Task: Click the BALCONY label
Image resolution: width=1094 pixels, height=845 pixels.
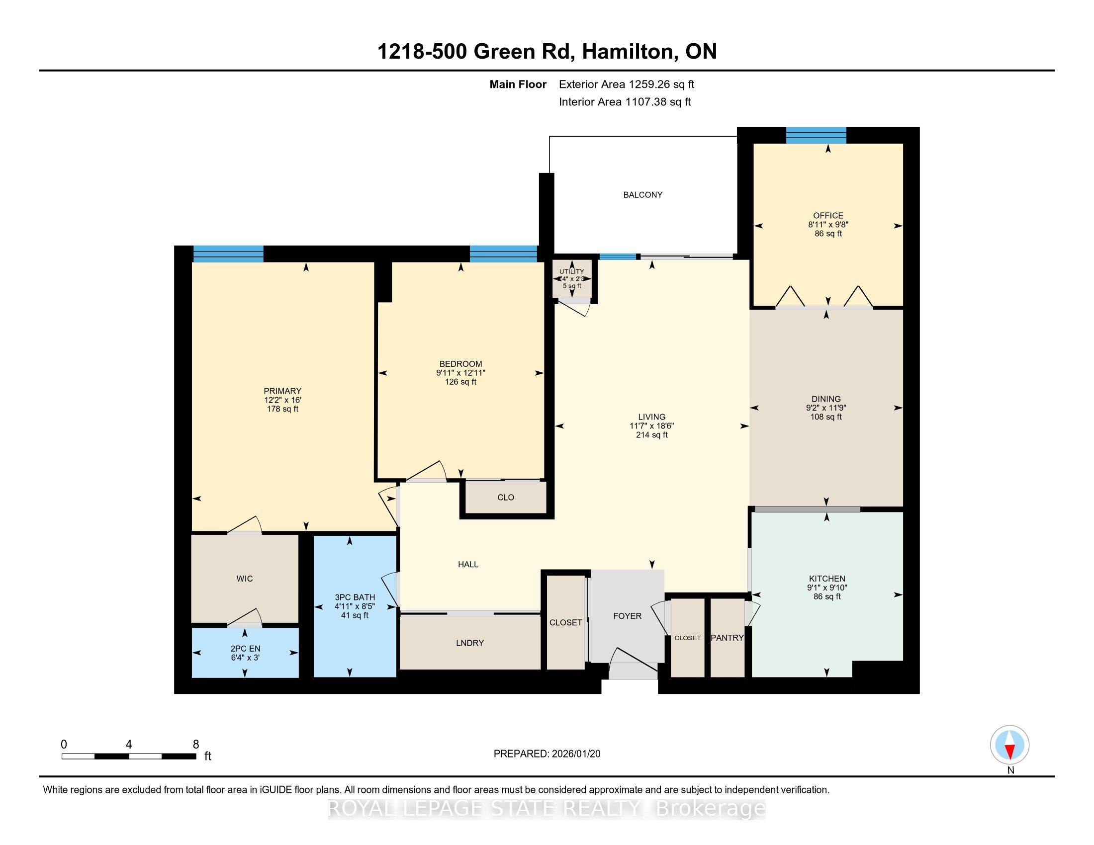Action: [x=642, y=195]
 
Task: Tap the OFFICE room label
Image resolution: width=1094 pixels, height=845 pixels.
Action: [x=828, y=216]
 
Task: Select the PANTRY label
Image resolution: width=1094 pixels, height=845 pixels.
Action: [x=728, y=638]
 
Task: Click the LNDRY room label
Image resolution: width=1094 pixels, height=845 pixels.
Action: [x=470, y=643]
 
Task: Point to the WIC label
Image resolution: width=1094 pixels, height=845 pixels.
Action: [x=245, y=579]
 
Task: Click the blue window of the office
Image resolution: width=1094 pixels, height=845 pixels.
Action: [x=816, y=135]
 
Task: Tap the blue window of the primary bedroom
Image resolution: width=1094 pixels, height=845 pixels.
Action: [x=228, y=254]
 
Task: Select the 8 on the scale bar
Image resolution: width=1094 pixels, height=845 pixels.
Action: [x=196, y=744]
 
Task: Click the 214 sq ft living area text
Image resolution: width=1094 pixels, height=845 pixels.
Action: [x=652, y=435]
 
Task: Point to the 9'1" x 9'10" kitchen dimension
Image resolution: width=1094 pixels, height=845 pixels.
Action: [x=827, y=588]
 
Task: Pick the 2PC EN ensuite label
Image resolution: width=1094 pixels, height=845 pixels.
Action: [x=246, y=649]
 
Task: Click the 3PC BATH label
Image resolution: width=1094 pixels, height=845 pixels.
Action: [x=355, y=597]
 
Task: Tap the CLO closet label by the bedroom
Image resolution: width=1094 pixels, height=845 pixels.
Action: [x=506, y=497]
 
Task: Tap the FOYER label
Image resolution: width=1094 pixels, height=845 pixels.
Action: [x=627, y=616]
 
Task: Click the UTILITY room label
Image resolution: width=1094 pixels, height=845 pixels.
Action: [x=571, y=271]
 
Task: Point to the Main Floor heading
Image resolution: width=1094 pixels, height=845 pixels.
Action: [x=518, y=84]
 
